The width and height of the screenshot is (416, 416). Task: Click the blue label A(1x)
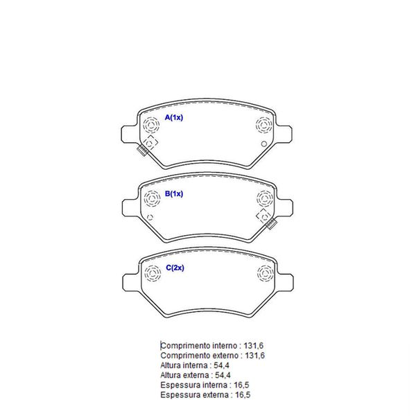coord(174,117)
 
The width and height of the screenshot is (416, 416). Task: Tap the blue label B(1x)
coord(174,193)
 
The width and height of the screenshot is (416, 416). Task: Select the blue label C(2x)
coord(175,268)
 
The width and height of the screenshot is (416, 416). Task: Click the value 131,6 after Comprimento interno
coord(253,346)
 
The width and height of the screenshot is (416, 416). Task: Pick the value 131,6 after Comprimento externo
coord(254,356)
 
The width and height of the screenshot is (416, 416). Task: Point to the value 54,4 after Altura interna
coord(222,365)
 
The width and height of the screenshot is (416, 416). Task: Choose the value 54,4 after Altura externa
coord(223,375)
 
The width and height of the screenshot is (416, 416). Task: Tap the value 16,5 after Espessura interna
coord(241,385)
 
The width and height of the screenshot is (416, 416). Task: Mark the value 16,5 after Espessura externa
coord(243,395)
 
